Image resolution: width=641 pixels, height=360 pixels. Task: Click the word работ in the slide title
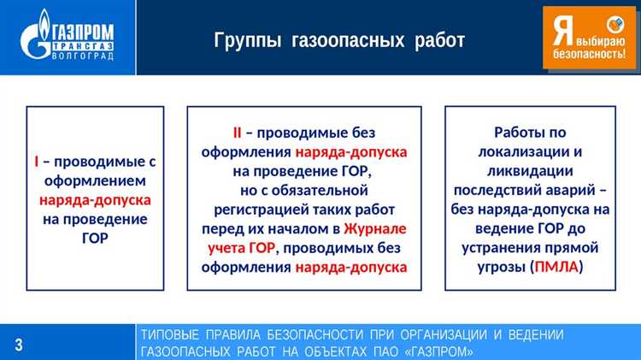(x=440, y=40)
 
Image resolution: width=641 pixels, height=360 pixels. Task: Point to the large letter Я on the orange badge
(x=562, y=32)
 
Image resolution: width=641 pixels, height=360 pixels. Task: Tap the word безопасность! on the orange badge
(x=588, y=53)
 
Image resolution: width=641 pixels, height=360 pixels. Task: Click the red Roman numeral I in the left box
(x=36, y=162)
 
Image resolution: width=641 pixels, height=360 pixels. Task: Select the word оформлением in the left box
(x=95, y=180)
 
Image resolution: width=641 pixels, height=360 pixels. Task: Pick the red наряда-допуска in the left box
(x=95, y=199)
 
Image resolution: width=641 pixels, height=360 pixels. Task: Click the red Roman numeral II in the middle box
(x=237, y=133)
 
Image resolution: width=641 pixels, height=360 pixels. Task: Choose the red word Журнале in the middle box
(x=375, y=228)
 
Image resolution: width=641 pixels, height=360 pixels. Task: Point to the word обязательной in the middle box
(x=326, y=190)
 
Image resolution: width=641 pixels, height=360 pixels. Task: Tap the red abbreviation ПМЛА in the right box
(x=556, y=267)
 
